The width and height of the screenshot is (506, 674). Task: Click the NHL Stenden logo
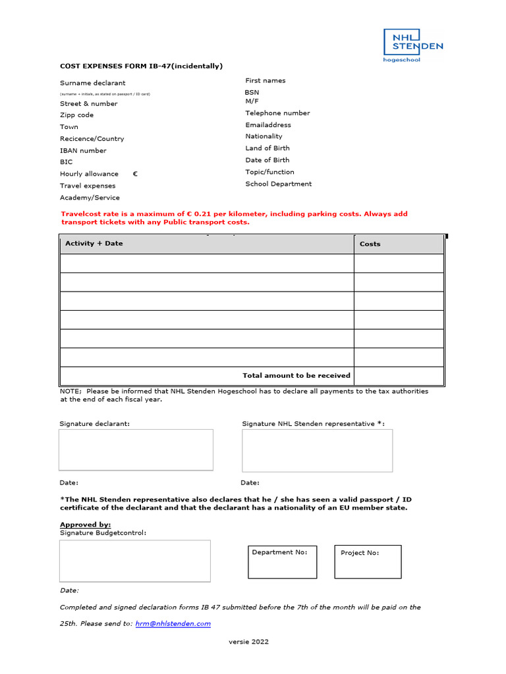pos(413,45)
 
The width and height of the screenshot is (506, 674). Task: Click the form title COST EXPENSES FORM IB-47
pos(141,66)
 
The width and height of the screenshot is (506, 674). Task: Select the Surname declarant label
pos(92,83)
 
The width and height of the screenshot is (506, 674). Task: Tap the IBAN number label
pos(83,151)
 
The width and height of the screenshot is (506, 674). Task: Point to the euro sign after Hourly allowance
pos(135,174)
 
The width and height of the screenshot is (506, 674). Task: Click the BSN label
pos(252,93)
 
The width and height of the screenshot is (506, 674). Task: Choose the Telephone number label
pos(277,113)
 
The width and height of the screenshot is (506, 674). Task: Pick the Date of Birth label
pos(267,160)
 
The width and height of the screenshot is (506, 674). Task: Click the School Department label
pos(278,184)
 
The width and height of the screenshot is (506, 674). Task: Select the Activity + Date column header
pos(94,244)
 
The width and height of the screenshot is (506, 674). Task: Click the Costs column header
pos(370,244)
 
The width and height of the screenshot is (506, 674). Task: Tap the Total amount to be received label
pos(296,375)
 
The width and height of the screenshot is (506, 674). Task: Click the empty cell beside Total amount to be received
pos(399,376)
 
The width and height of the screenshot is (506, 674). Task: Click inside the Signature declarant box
pos(136,450)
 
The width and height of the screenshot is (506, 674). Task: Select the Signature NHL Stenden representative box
pos(317,450)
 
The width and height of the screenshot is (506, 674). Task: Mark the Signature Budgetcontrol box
pos(135,561)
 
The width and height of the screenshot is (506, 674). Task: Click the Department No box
pos(282,561)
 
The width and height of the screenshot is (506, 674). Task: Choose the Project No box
pos(368,561)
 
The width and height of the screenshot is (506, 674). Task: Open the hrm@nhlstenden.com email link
pos(173,623)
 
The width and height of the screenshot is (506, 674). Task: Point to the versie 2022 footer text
pos(248,642)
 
